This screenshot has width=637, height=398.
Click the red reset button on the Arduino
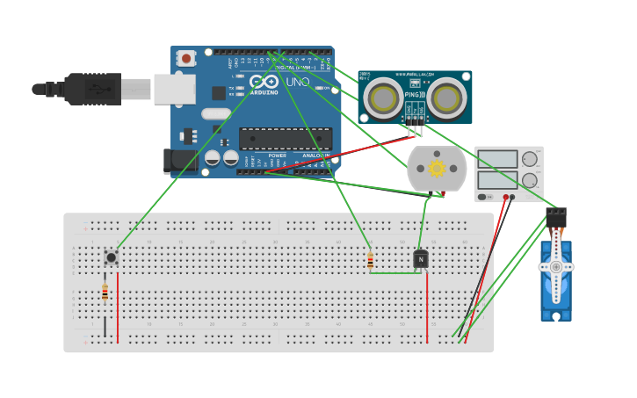click(x=186, y=58)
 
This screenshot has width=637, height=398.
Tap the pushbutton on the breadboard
click(x=111, y=257)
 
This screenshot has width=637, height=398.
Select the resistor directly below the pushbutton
click(x=105, y=293)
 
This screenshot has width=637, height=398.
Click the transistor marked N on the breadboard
click(x=421, y=259)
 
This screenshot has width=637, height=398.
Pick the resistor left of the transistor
click(x=370, y=261)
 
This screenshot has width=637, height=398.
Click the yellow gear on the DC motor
click(x=437, y=168)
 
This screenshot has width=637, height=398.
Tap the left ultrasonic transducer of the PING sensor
click(x=384, y=98)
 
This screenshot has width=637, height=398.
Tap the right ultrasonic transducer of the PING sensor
click(x=446, y=98)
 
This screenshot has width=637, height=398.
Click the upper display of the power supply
click(x=497, y=159)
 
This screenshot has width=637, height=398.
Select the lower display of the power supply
click(x=497, y=180)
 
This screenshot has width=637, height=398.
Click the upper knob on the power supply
click(x=529, y=159)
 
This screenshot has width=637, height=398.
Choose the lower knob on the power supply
click(x=529, y=180)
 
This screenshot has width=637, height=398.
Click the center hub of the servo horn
click(x=555, y=266)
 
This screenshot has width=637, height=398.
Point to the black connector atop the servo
click(x=555, y=216)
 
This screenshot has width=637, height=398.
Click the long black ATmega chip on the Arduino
click(x=286, y=139)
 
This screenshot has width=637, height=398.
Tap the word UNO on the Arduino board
click(x=297, y=82)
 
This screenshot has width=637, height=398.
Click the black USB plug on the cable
click(x=92, y=89)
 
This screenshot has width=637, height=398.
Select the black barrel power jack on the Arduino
click(x=179, y=160)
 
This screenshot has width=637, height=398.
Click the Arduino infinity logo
click(x=264, y=82)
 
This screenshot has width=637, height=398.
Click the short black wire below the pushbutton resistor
click(x=105, y=326)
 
